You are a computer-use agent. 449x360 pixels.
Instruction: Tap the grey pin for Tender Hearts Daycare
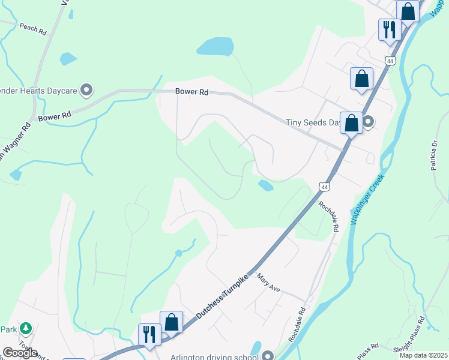point(86,90)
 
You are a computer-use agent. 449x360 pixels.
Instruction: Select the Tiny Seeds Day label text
point(312,122)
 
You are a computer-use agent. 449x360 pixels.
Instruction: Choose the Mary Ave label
point(268,283)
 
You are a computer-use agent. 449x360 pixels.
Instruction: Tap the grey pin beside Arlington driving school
point(268,355)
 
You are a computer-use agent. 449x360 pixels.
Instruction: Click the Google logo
point(19,353)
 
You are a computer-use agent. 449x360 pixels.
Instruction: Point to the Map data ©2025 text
point(423,355)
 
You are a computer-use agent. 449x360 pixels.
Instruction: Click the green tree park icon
point(25,328)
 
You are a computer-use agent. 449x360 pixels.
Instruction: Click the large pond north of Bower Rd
point(214,46)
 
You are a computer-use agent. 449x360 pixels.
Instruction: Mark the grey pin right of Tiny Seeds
point(369,122)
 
